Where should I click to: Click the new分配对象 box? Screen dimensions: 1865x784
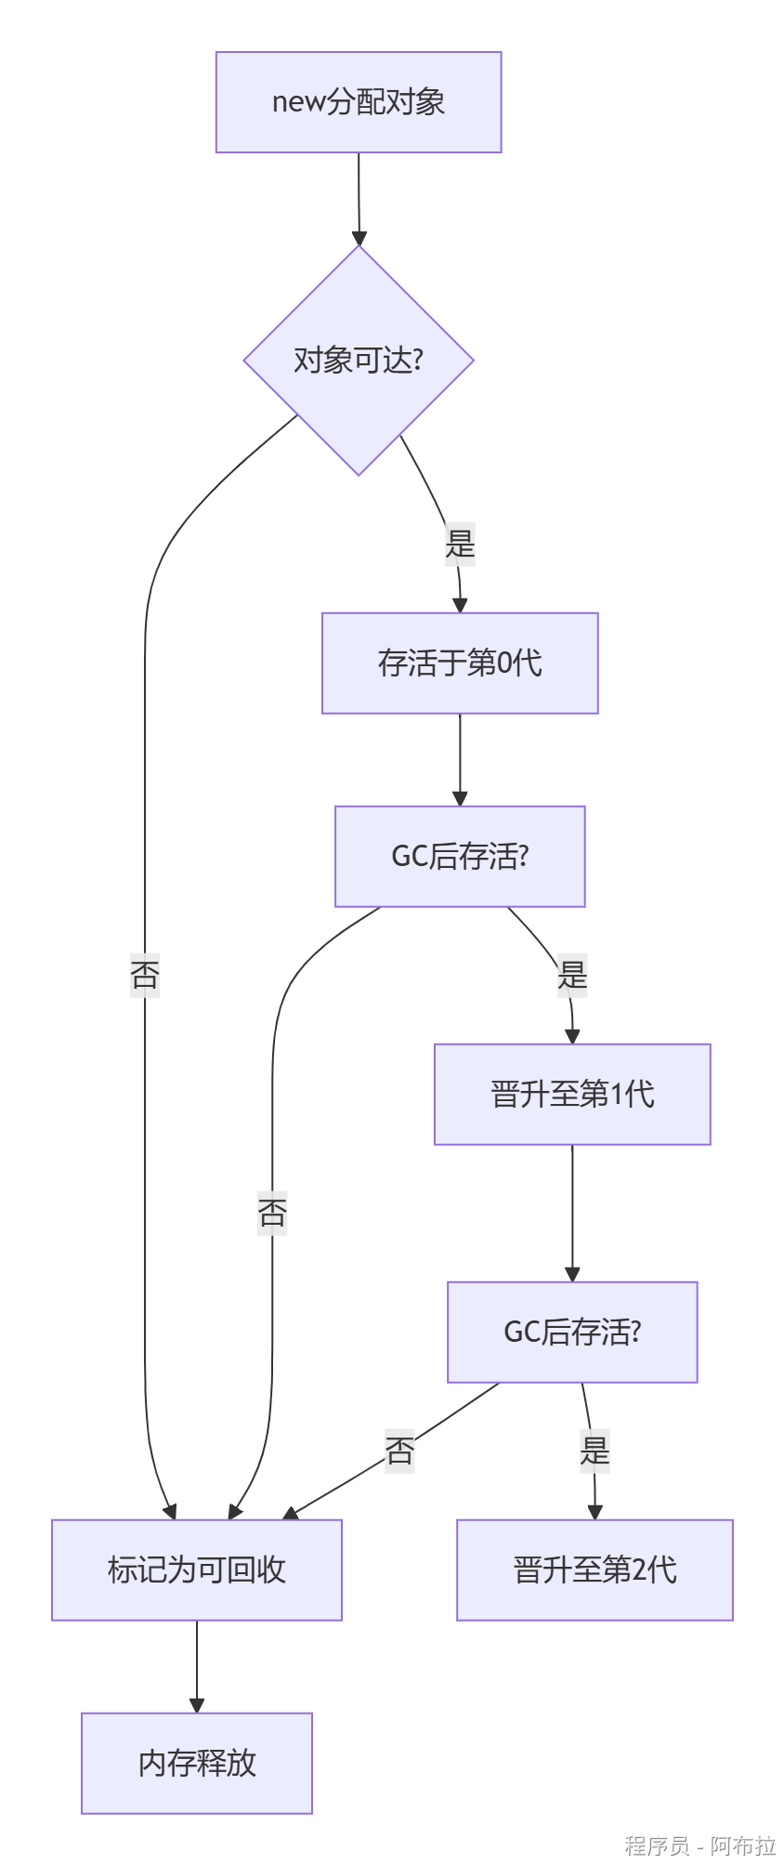click(359, 102)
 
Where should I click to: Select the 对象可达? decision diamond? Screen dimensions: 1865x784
click(359, 361)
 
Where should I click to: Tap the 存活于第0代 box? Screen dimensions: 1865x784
click(460, 663)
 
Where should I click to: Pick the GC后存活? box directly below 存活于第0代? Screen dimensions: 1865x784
click(460, 856)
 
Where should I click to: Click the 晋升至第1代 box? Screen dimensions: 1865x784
click(572, 1095)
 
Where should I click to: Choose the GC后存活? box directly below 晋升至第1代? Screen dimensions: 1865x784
click(572, 1333)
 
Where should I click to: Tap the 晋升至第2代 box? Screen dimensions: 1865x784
click(595, 1570)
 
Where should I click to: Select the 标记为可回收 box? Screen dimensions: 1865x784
click(197, 1570)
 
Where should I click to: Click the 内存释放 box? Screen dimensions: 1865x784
click(197, 1763)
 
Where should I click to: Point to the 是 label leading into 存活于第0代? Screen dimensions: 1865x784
click(461, 544)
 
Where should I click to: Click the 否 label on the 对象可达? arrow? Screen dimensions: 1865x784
click(145, 975)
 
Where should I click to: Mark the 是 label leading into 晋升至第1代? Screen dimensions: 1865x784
click(572, 975)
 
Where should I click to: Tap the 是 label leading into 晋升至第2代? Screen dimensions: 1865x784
click(595, 1451)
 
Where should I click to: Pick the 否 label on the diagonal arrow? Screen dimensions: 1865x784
click(399, 1451)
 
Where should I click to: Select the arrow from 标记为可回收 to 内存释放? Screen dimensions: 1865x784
click(197, 1665)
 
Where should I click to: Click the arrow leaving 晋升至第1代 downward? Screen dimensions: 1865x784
click(572, 1212)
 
